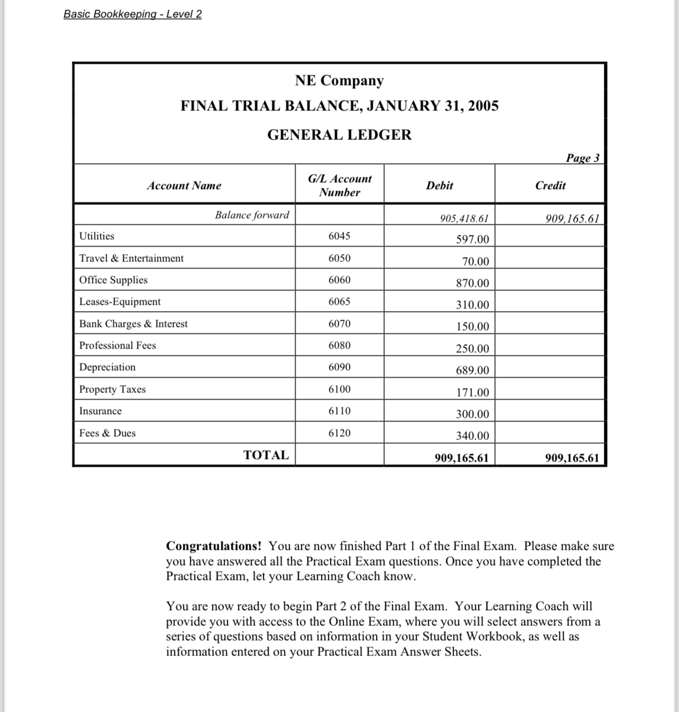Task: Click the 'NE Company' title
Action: click(339, 80)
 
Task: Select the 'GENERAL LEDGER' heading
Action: click(339, 135)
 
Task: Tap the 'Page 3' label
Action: click(583, 158)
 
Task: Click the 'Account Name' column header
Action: click(184, 185)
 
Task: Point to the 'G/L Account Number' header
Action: click(339, 185)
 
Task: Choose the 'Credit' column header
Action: click(550, 185)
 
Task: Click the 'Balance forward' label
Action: click(252, 215)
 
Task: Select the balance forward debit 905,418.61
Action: click(464, 218)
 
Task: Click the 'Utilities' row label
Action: click(97, 236)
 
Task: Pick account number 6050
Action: click(339, 258)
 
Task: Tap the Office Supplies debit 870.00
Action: click(472, 283)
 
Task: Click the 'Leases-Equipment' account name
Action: click(120, 302)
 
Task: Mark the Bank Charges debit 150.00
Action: click(472, 326)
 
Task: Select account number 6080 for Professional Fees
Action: click(339, 345)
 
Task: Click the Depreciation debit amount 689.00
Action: click(472, 370)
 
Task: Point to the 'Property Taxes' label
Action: click(112, 389)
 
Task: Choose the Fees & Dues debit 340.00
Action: click(472, 436)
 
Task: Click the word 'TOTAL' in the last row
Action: click(266, 455)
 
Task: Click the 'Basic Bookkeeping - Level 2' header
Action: click(132, 14)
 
